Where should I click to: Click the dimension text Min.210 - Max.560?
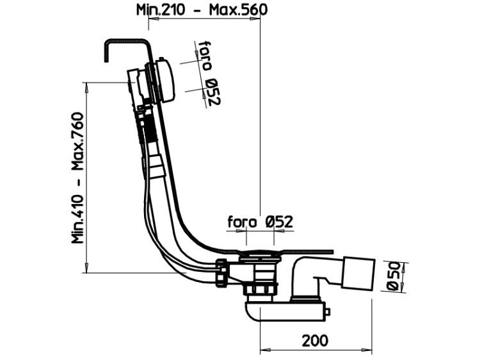tap(202, 10)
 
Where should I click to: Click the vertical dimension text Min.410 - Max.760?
tap(77, 178)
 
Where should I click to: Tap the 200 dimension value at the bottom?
tap(315, 340)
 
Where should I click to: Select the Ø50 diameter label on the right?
tap(393, 276)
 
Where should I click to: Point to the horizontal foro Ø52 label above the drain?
tap(260, 222)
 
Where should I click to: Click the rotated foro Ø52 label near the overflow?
tap(209, 73)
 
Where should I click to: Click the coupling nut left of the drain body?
tap(222, 272)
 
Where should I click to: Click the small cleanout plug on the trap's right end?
tap(327, 311)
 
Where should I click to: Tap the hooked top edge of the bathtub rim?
tap(126, 40)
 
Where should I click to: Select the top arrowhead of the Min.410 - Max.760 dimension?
tap(87, 88)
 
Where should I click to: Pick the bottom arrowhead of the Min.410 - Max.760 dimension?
tap(87, 267)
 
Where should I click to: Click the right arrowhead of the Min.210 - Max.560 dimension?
tap(255, 19)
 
